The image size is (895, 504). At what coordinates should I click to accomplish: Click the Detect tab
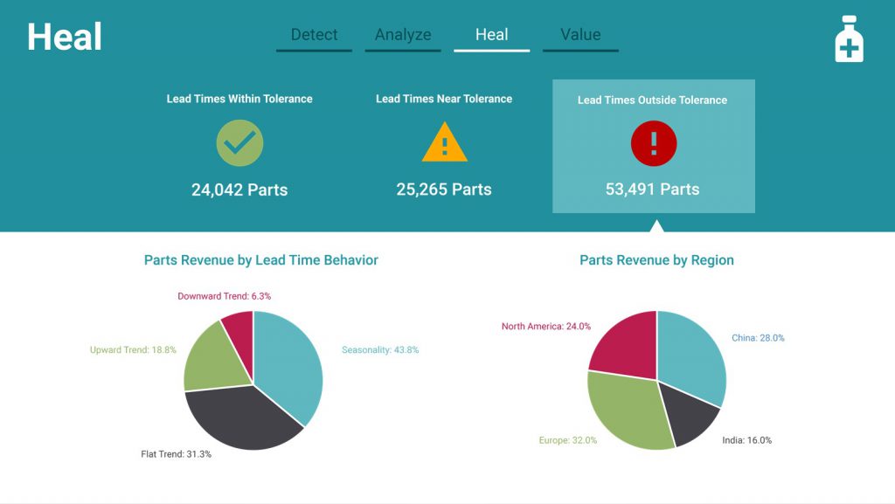click(314, 35)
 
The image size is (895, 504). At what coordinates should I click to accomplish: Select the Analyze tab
click(403, 35)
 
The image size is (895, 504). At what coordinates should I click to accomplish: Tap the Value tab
click(580, 35)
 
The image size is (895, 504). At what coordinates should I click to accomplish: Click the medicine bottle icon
click(849, 39)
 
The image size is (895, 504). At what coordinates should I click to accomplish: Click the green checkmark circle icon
click(239, 143)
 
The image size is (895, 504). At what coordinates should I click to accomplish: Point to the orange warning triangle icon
click(444, 144)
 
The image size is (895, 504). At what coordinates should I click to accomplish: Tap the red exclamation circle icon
click(654, 143)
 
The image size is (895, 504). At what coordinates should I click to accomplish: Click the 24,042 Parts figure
click(239, 190)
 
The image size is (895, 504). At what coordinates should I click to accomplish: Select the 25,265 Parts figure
click(444, 190)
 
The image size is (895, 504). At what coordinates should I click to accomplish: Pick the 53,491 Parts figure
click(653, 189)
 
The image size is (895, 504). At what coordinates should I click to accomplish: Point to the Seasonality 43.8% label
click(380, 350)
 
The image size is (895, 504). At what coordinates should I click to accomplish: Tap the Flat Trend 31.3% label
click(177, 454)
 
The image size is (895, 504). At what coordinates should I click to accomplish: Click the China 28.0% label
click(758, 338)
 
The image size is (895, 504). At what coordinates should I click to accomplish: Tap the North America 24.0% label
click(546, 327)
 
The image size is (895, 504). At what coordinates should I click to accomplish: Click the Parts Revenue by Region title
click(656, 260)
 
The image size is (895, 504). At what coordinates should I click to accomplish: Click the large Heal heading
click(65, 37)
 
